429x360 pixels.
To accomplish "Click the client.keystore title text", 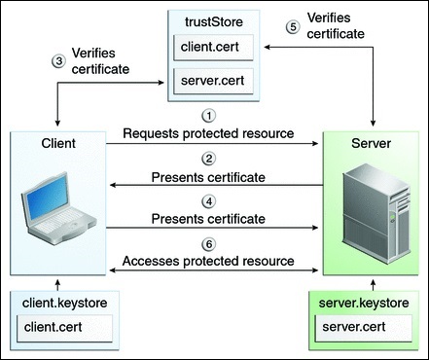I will click(54, 306).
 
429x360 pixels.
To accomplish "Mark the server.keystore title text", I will click(371, 306).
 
